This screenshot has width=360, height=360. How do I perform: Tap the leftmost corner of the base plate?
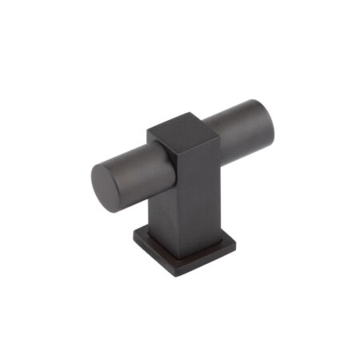click(x=133, y=239)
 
